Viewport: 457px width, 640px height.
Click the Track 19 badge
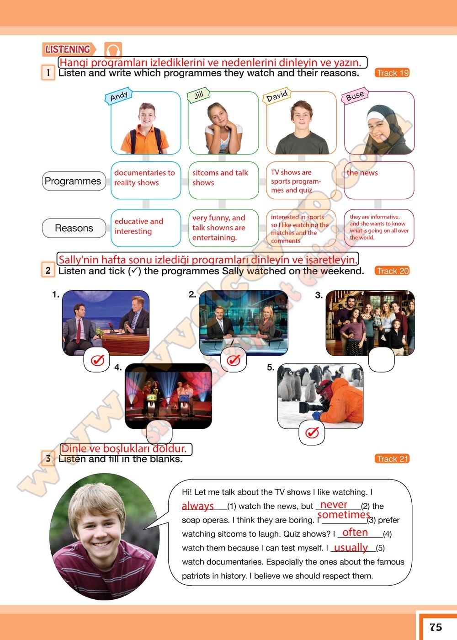click(x=393, y=73)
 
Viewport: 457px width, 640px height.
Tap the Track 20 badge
click(x=393, y=271)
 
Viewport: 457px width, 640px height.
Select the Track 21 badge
click(x=393, y=459)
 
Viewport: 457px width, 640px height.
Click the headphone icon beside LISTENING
click(x=113, y=49)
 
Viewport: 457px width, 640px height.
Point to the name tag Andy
click(x=119, y=96)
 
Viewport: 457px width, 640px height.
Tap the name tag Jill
click(x=199, y=95)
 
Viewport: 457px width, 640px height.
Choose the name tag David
click(x=277, y=96)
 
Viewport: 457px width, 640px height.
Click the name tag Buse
click(x=355, y=96)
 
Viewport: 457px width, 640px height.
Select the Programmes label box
click(x=73, y=181)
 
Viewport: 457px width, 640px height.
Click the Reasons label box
click(x=74, y=228)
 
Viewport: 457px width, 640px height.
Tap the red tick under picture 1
click(x=97, y=360)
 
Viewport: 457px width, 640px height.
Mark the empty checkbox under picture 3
click(x=381, y=360)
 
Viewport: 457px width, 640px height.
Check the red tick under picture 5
click(x=312, y=432)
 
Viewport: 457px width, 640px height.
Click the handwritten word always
click(x=198, y=506)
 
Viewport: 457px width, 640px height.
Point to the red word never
click(x=334, y=505)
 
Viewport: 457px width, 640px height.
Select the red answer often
click(x=355, y=532)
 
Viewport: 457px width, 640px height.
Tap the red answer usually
click(x=351, y=547)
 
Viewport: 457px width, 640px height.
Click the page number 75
click(x=436, y=627)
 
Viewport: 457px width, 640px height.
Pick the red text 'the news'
click(x=362, y=173)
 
